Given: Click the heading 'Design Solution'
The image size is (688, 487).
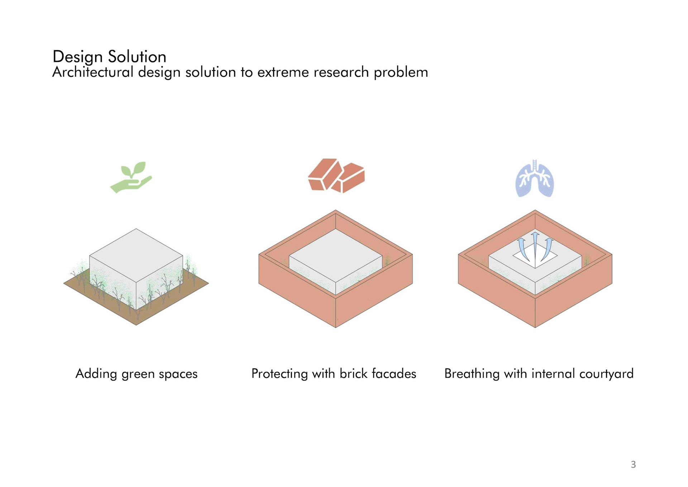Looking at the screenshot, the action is point(109,57).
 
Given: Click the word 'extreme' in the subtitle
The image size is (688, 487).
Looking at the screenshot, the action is point(283,72).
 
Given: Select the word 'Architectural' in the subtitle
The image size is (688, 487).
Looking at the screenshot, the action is point(93,72).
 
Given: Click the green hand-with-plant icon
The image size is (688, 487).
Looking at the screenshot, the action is point(131,178).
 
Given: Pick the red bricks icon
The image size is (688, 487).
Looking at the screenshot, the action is point(336,176).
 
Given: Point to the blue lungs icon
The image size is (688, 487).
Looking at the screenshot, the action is point(534,179).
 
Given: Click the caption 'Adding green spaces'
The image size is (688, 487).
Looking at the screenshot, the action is point(136,374).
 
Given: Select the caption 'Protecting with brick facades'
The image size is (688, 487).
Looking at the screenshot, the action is point(334,374).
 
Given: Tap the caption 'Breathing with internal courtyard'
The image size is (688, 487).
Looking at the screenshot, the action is point(539,374).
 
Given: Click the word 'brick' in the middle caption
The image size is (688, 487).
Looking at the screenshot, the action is point(353,374).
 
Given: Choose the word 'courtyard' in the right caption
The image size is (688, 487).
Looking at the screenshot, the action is point(606,374).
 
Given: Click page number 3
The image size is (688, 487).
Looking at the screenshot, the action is point(633,464).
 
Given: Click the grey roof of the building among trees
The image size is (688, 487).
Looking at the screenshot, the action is point(136,255).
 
